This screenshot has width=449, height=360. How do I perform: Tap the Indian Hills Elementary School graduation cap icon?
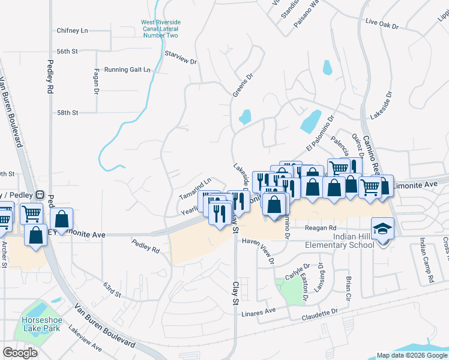click(381, 229)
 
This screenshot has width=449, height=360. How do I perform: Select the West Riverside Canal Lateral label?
click(160, 29)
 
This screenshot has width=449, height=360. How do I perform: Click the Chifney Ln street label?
click(72, 30)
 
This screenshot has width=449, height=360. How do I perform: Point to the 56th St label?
click(67, 52)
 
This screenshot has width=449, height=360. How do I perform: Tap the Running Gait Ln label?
click(127, 70)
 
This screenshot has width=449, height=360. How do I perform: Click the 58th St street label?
click(68, 112)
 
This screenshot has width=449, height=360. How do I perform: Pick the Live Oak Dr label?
click(382, 22)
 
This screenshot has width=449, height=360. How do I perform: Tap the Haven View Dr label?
click(258, 250)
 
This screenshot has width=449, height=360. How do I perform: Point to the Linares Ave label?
click(258, 311)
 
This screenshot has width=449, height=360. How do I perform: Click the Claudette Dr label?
click(320, 313)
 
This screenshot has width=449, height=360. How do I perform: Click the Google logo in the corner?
click(20, 353)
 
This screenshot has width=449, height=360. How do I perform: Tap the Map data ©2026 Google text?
click(411, 355)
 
